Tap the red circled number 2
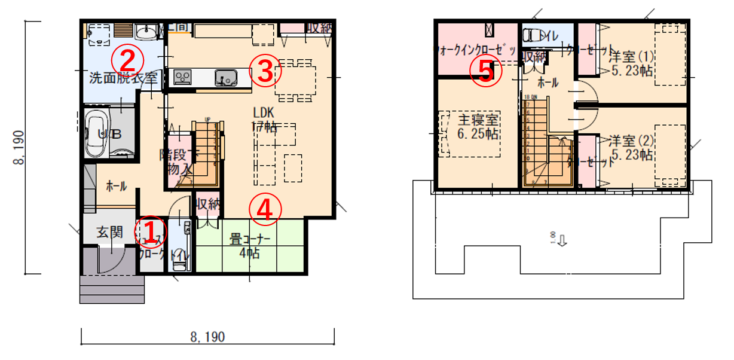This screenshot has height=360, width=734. [x=130, y=59]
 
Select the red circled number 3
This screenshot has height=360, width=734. [x=265, y=71]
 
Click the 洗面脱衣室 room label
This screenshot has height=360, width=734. [x=123, y=78]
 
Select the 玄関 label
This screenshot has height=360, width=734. [x=111, y=231]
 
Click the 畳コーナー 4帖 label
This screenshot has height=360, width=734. [x=250, y=246]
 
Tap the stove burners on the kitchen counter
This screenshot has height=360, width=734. [x=182, y=77]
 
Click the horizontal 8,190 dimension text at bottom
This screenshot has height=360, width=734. [x=207, y=337]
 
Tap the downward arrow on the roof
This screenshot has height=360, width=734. [x=563, y=241]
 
